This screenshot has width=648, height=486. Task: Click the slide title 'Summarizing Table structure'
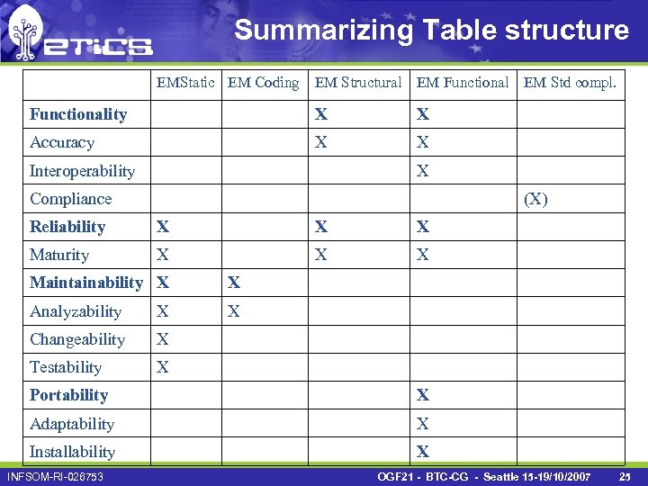[x=431, y=30]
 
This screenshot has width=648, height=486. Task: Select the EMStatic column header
[x=185, y=83]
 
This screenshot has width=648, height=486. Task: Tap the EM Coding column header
[x=263, y=83]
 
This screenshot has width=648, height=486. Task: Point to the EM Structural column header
[x=358, y=83]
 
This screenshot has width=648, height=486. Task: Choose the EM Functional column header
[x=463, y=83]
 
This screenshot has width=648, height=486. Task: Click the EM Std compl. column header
[x=570, y=83]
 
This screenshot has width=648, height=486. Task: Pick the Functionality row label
[x=78, y=114]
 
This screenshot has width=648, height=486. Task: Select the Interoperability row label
[x=82, y=171]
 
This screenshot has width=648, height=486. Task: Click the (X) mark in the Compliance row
[x=535, y=199]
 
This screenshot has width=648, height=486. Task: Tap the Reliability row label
[x=67, y=227]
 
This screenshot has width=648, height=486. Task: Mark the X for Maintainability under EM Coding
[x=234, y=283]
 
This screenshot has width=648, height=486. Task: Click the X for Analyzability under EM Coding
[x=234, y=311]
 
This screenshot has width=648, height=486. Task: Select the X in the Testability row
[x=163, y=367]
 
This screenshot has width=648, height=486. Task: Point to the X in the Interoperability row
[x=423, y=171]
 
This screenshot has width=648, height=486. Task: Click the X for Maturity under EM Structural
[x=321, y=255]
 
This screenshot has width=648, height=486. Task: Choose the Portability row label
[x=68, y=395]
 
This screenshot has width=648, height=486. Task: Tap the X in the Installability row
[x=423, y=452]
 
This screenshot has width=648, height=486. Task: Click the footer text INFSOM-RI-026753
[x=55, y=476]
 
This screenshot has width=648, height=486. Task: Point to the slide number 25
[x=624, y=476]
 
